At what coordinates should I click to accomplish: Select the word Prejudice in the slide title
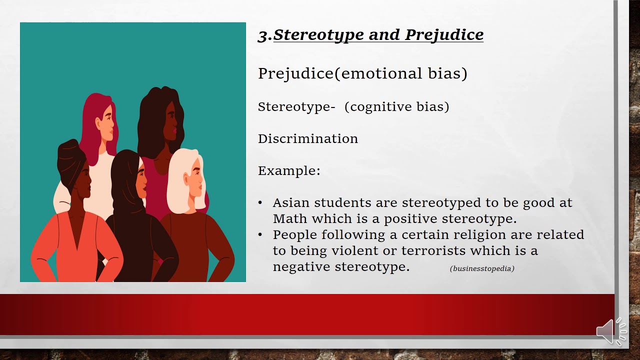click(x=444, y=35)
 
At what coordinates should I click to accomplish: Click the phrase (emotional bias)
click(x=401, y=73)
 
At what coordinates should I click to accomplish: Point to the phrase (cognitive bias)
click(x=396, y=106)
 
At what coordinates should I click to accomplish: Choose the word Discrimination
click(x=307, y=138)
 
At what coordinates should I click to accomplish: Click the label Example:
click(x=289, y=170)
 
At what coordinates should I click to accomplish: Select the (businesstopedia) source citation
click(x=482, y=268)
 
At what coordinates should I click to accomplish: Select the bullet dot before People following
click(x=260, y=234)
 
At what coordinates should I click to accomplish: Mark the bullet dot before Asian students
click(x=260, y=202)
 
